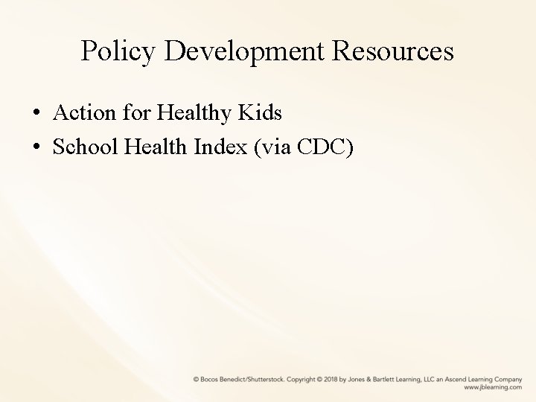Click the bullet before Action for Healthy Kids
(36, 115)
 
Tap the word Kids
(261, 113)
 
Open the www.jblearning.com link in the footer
(493, 388)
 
